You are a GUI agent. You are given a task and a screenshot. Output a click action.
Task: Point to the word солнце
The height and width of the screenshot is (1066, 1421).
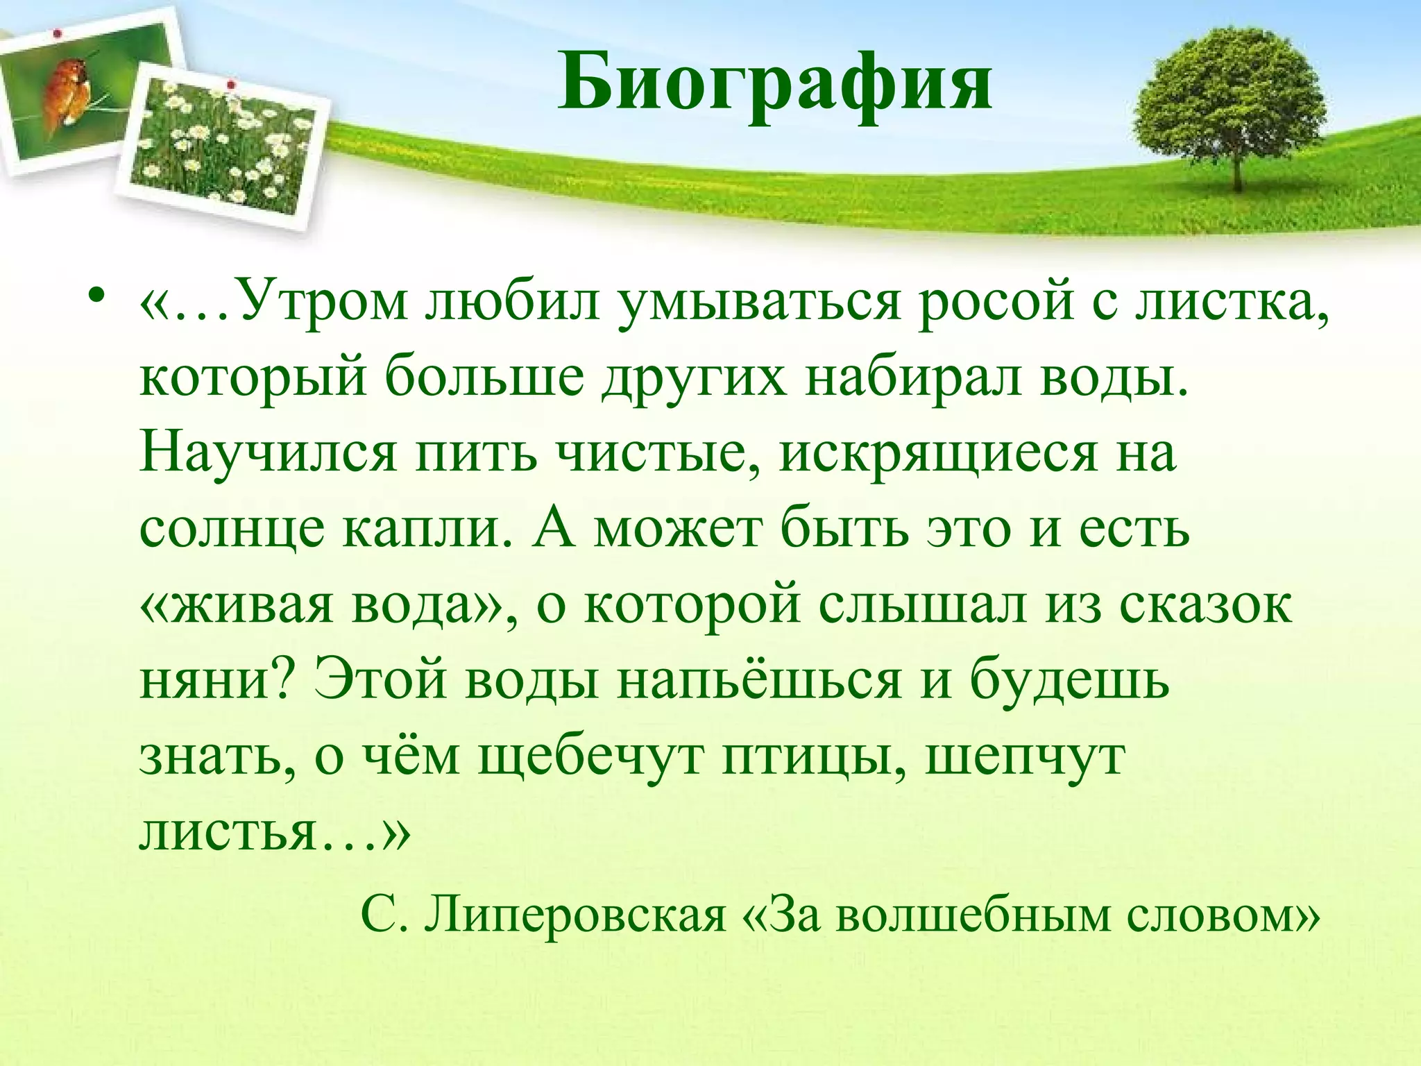pos(231,530)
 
